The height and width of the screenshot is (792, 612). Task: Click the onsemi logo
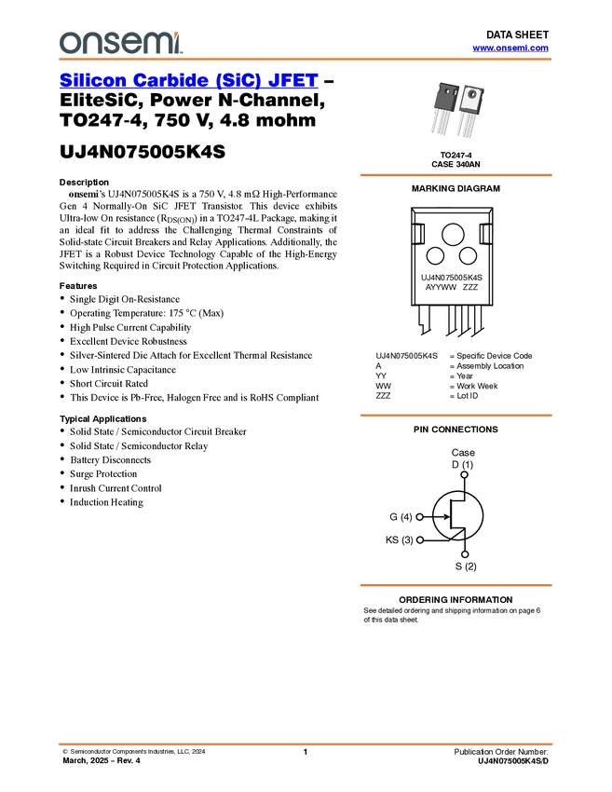point(120,42)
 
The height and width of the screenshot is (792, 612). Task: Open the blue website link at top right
point(510,48)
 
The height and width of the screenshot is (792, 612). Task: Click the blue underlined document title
point(188,82)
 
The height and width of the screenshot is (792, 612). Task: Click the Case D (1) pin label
point(463,457)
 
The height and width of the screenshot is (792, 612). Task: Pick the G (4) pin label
point(398,517)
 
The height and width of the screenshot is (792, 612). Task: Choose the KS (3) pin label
point(398,539)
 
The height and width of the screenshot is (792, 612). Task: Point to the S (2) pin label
point(465,567)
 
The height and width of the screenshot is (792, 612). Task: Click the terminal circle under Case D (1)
point(464,475)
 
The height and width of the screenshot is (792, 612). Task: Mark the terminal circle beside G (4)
point(419,517)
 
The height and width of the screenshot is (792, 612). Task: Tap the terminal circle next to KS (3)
point(419,539)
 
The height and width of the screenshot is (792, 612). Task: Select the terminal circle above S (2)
point(465,554)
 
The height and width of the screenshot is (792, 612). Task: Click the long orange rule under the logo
point(306,60)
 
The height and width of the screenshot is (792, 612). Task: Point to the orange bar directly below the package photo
point(456,174)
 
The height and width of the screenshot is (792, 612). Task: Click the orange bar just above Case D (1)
point(456,416)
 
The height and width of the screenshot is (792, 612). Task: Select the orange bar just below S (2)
point(456,585)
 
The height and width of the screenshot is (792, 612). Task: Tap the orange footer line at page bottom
point(306,744)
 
